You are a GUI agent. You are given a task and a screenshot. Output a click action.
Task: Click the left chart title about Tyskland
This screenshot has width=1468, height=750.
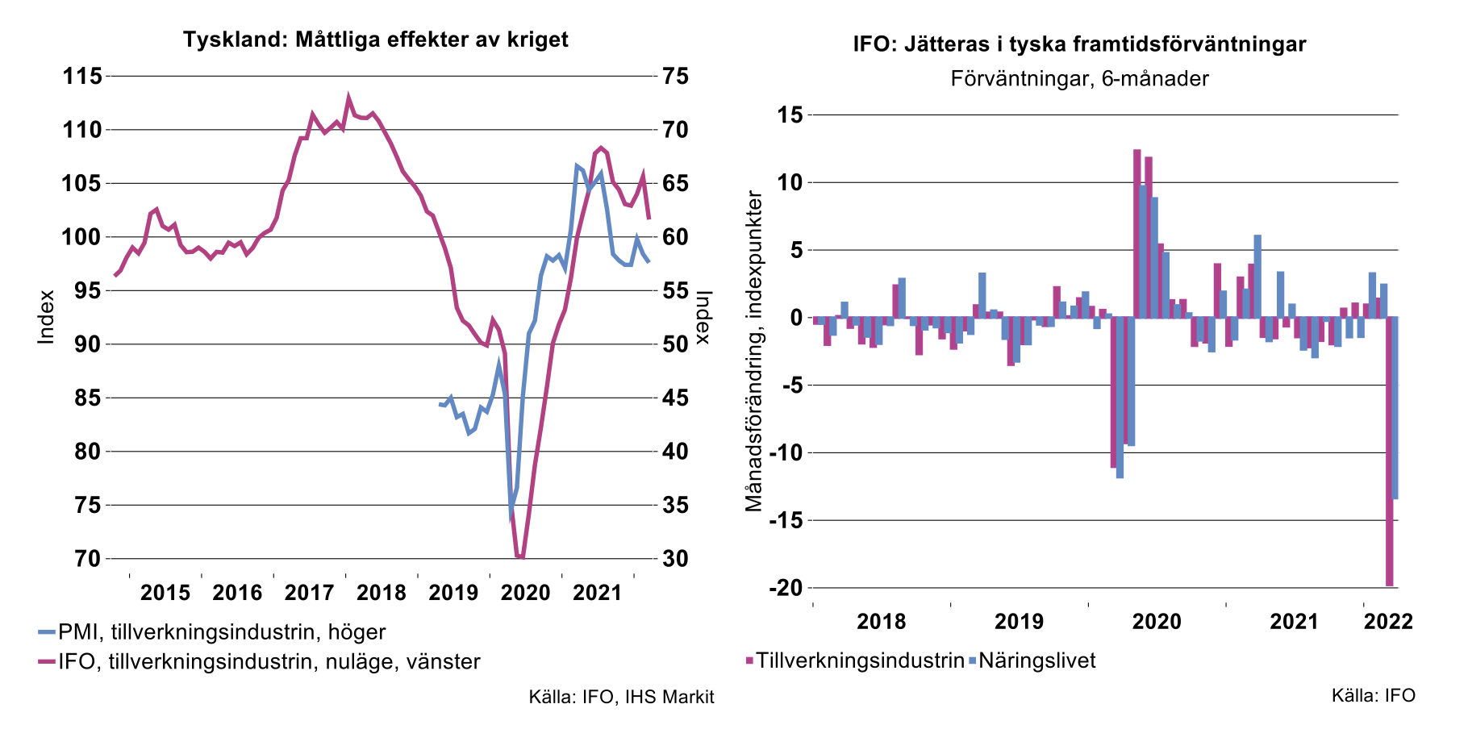[x=375, y=39]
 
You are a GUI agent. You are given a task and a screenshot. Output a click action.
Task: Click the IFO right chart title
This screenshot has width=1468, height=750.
[x=1079, y=44]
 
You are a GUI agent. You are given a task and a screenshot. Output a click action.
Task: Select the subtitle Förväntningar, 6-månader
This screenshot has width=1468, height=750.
[x=1079, y=79]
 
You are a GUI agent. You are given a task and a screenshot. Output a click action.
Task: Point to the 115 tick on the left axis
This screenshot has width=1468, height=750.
[x=82, y=77]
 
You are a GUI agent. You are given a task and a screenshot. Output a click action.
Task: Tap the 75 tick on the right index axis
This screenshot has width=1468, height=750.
[x=675, y=77]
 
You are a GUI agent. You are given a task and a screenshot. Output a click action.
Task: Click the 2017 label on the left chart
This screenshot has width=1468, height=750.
[x=309, y=594]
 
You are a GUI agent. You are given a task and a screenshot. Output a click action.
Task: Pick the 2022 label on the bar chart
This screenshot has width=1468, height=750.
[x=1388, y=622]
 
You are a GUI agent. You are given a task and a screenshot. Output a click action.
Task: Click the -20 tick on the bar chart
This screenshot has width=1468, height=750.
[x=786, y=588]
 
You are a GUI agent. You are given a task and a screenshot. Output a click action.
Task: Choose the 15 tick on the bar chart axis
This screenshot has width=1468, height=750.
[x=790, y=115]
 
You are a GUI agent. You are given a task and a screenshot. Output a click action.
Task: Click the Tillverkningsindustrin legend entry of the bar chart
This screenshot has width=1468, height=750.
[x=860, y=661]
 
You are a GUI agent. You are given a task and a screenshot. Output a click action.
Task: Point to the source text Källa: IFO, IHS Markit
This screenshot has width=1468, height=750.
[x=621, y=697]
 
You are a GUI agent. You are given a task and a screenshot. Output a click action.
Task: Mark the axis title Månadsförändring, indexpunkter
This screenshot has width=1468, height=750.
[x=753, y=352]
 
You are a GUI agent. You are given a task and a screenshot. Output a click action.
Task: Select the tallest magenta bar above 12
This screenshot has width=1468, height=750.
[x=1137, y=233]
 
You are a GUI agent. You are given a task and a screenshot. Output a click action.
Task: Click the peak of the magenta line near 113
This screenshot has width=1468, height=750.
[x=348, y=98]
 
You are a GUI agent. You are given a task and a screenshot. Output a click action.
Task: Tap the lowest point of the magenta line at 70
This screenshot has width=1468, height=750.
[x=519, y=556]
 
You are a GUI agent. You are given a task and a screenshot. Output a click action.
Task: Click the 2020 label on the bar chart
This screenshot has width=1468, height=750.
[x=1157, y=622]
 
